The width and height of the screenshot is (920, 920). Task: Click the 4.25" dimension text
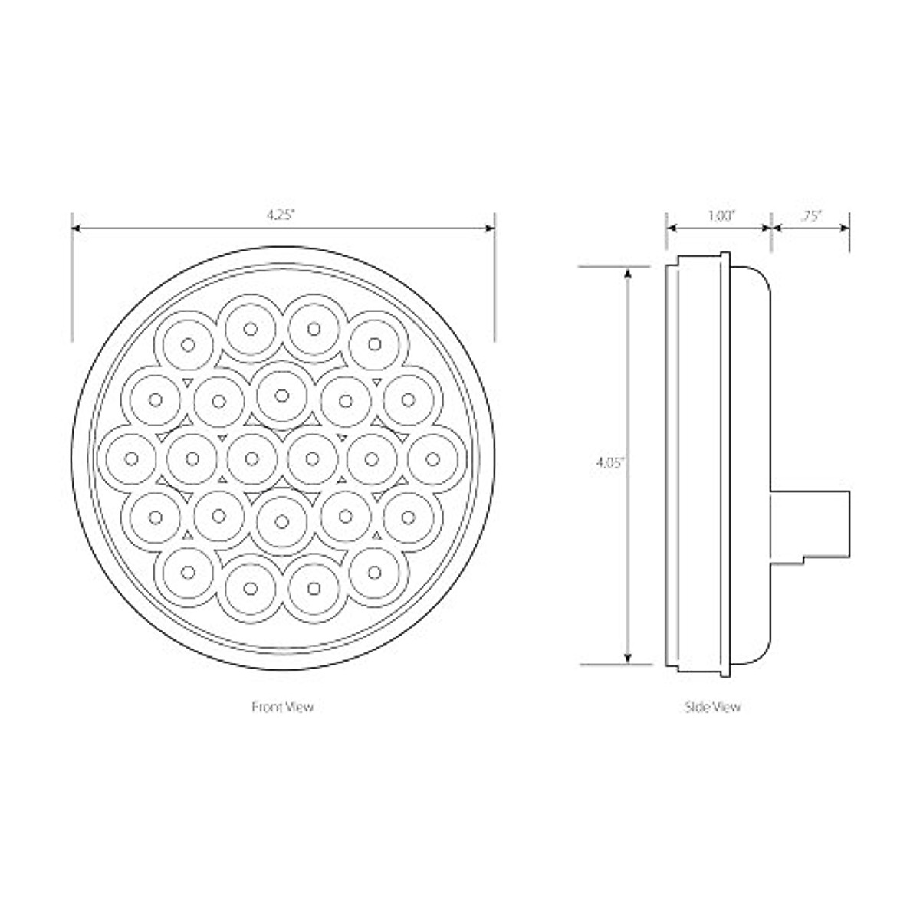[282, 215]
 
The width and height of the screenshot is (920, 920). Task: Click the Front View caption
[282, 707]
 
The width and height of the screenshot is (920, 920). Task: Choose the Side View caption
[712, 707]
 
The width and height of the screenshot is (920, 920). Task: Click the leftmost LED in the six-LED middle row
[131, 458]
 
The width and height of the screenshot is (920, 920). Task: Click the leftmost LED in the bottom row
[187, 571]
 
